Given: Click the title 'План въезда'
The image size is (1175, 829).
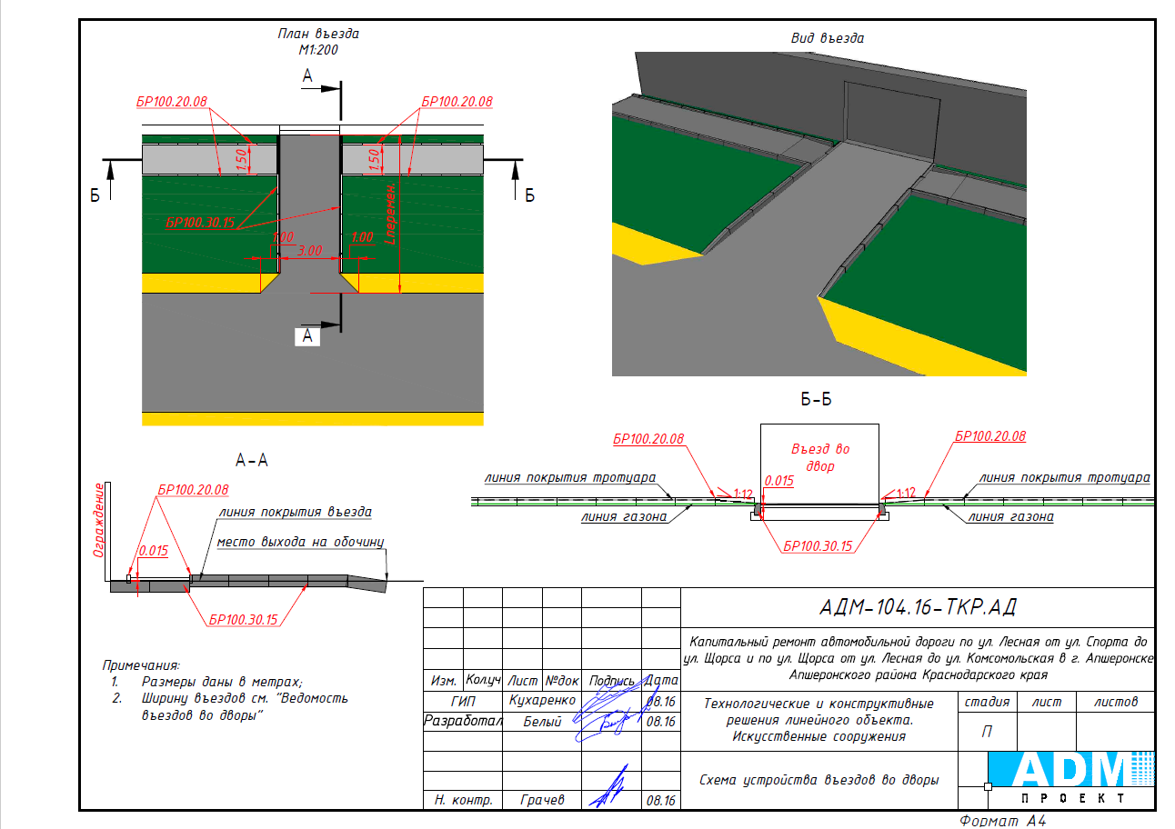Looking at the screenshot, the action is coord(318,34).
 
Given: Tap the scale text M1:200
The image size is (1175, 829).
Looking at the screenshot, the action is coord(318,50).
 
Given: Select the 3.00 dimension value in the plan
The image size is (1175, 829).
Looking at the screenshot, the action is coord(309,251).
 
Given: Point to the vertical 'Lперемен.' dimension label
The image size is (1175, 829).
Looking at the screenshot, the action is coord(390,214).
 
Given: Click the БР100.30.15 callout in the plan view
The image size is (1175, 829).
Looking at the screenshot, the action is coord(200,223).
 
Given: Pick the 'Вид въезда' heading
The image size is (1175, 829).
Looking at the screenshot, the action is coord(828,38).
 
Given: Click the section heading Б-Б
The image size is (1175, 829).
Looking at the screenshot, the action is coord(816,399).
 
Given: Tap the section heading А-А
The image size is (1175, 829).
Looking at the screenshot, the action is coord(252,460).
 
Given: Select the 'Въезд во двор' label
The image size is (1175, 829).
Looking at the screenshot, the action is coord(820,457).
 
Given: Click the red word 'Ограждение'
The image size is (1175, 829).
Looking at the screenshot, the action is coord(98,520).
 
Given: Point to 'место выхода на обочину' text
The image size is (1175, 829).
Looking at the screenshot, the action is coord(300,542).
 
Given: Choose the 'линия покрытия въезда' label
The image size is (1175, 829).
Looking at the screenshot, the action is coord(296,512).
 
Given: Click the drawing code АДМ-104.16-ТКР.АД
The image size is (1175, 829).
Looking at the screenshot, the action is coord(918,607).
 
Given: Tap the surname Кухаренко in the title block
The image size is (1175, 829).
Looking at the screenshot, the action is coord(542,701).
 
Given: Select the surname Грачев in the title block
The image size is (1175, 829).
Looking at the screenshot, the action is coord(542,800).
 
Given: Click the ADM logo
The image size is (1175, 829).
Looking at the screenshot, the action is coord(1071,777).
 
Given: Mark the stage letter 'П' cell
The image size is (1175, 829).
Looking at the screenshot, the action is coord(987,732).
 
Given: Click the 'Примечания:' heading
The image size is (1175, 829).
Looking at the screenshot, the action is coord(141,665).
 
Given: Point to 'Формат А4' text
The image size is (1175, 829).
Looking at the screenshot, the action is coord(1002,821).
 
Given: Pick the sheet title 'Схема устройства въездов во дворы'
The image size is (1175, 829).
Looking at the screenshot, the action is coord(818,780).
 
